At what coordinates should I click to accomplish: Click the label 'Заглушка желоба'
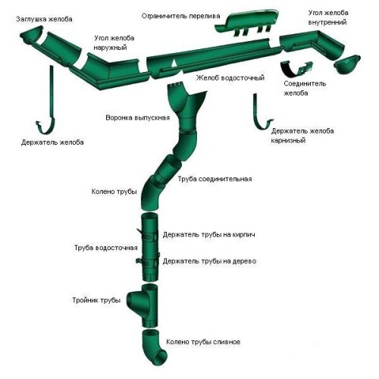[x=44, y=19]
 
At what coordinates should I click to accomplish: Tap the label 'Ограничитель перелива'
[x=180, y=16]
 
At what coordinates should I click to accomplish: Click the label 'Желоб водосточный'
[x=230, y=78]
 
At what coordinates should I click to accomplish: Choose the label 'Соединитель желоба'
[x=305, y=88]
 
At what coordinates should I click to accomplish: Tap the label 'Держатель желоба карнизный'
[x=302, y=136]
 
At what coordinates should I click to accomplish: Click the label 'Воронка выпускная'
[x=137, y=117]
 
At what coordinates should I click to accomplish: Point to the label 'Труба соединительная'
[x=215, y=179]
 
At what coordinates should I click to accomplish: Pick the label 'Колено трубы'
[x=114, y=192]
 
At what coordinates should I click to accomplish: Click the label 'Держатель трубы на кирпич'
[x=208, y=235]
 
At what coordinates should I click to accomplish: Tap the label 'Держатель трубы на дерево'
[x=209, y=261]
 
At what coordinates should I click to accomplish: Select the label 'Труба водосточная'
[x=106, y=248]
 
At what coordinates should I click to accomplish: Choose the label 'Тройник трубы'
[x=96, y=300]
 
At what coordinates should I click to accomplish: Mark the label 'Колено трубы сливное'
[x=203, y=342]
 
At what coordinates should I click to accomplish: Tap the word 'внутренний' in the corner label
[x=327, y=23]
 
